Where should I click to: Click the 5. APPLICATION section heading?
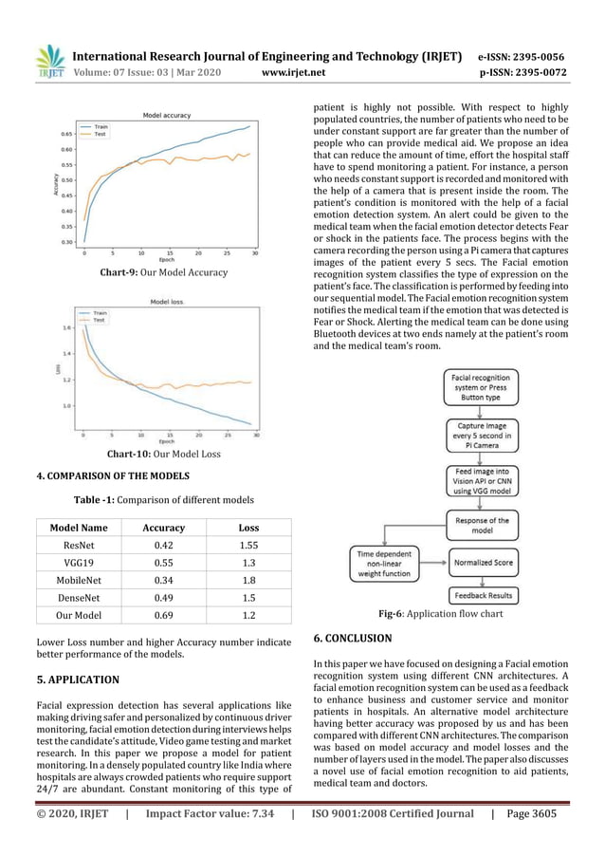point(78,680)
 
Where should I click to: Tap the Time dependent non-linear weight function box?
point(384,561)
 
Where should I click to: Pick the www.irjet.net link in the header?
point(292,71)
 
